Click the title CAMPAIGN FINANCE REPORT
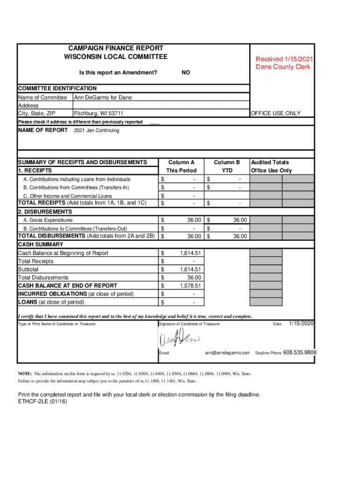tap(115, 48)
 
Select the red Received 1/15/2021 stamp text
tap(284, 59)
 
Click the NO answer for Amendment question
tap(186, 73)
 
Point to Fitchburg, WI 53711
tap(99, 113)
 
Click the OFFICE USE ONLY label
tap(276, 113)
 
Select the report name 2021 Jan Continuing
tap(97, 131)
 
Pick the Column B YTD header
tap(227, 167)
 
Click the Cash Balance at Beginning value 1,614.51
tap(190, 253)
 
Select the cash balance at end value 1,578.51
tap(190, 285)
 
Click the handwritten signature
tap(180, 339)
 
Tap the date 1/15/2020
tap(301, 324)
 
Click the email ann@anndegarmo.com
tap(227, 353)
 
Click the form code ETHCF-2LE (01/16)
tap(43, 402)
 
